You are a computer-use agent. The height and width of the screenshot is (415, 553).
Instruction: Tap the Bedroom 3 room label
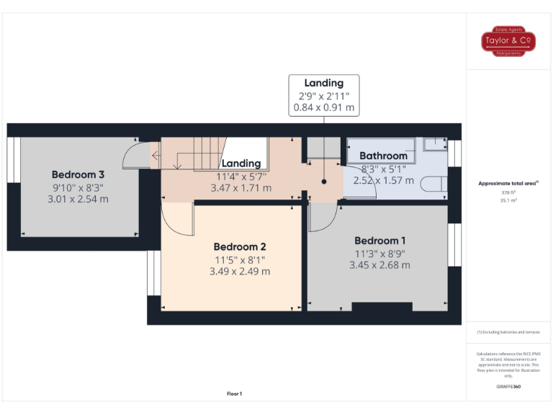click(78, 174)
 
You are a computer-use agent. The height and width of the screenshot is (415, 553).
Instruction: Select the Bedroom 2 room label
click(241, 247)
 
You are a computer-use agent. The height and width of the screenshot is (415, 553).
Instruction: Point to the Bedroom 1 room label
click(379, 241)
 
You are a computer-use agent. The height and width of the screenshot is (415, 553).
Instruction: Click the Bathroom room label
click(383, 156)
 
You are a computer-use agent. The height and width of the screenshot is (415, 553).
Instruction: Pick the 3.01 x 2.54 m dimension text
click(78, 199)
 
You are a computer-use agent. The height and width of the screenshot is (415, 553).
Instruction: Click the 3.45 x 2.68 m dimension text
click(379, 265)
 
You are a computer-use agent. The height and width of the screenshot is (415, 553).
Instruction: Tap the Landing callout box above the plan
click(323, 95)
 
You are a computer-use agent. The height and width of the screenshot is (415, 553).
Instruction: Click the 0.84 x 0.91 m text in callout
click(323, 108)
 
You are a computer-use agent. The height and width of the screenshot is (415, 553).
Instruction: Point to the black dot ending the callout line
click(324, 182)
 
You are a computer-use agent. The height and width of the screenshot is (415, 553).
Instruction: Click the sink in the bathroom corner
click(434, 144)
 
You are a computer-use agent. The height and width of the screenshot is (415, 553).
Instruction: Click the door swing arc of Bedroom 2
click(179, 219)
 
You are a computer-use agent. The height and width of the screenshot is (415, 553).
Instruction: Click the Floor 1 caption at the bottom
click(235, 393)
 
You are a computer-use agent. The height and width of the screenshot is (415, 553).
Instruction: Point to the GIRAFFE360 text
click(508, 387)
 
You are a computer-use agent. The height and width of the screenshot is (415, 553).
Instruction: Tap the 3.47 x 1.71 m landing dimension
click(240, 188)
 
